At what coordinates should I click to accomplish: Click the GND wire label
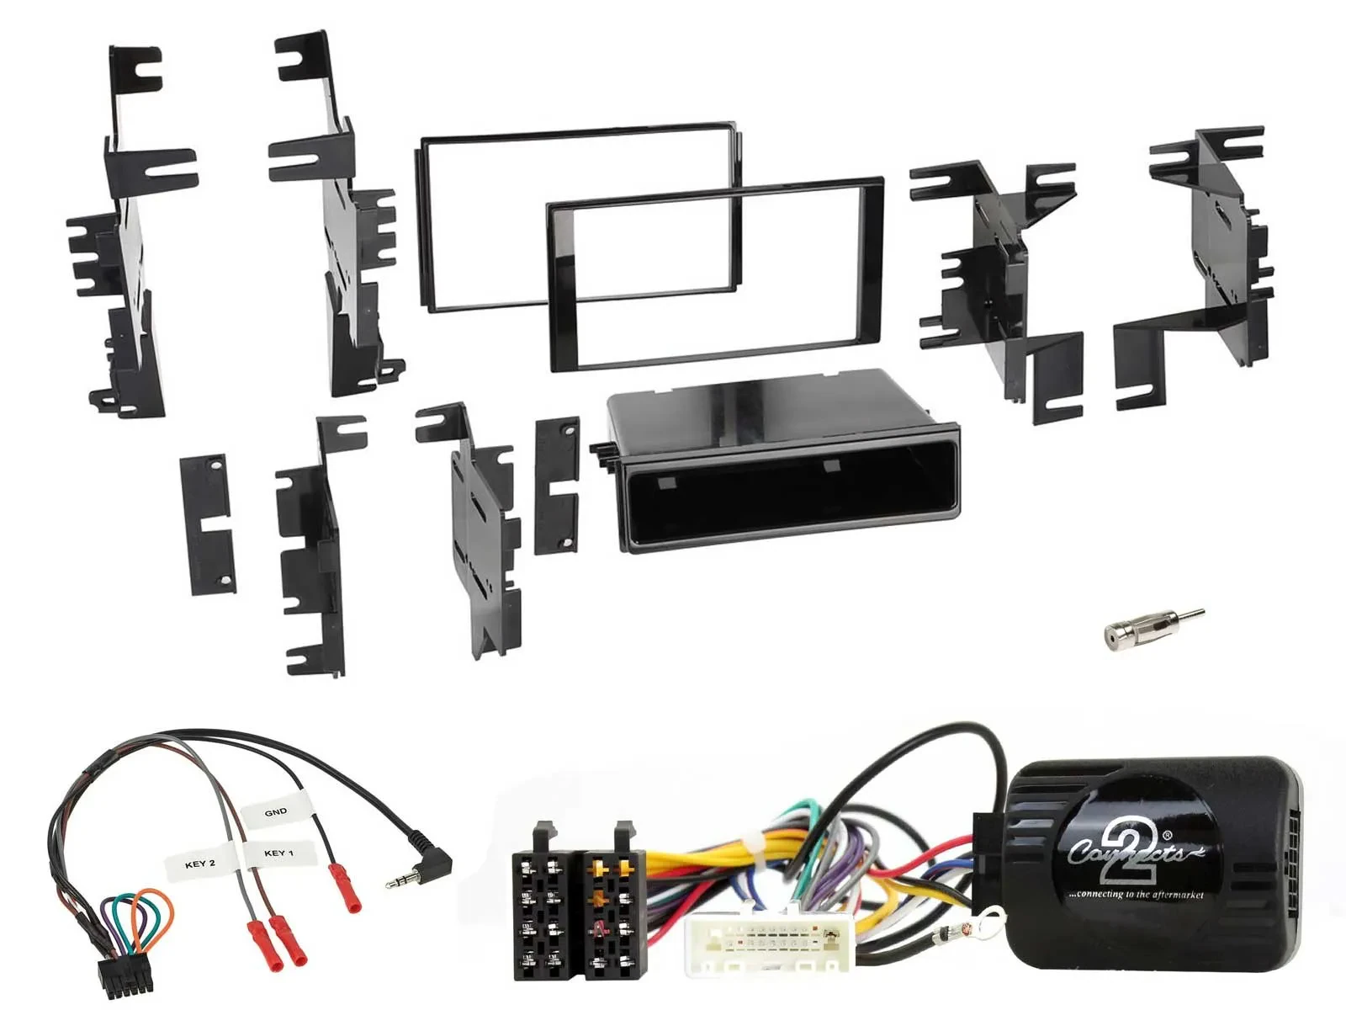[x=275, y=812]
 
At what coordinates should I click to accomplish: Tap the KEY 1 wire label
[x=278, y=853]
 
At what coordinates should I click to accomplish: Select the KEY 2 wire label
[x=200, y=864]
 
